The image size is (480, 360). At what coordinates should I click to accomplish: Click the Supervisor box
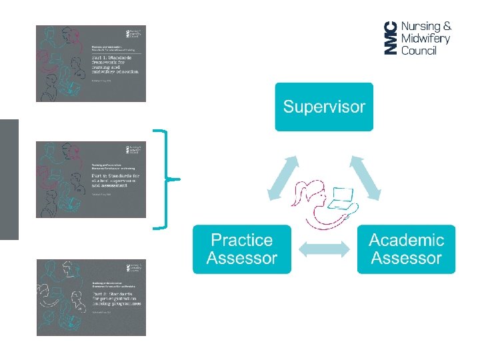pyautogui.click(x=324, y=107)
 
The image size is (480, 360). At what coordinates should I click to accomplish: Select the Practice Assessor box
pyautogui.click(x=241, y=249)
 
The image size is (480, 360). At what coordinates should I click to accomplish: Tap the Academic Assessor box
pyautogui.click(x=406, y=249)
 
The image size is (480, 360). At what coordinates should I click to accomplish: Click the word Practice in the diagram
pyautogui.click(x=241, y=240)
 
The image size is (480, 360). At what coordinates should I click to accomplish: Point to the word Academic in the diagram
pyautogui.click(x=406, y=240)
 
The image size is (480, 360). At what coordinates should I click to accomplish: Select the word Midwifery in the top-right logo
pyautogui.click(x=426, y=39)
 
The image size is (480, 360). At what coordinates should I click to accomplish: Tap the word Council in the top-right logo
pyautogui.click(x=419, y=51)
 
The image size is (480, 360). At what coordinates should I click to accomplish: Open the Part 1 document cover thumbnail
pyautogui.click(x=91, y=63)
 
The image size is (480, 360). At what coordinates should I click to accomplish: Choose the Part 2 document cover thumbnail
pyautogui.click(x=91, y=179)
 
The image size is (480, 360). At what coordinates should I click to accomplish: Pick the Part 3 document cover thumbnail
pyautogui.click(x=91, y=297)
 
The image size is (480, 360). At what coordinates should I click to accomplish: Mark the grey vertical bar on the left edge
pyautogui.click(x=9, y=179)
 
